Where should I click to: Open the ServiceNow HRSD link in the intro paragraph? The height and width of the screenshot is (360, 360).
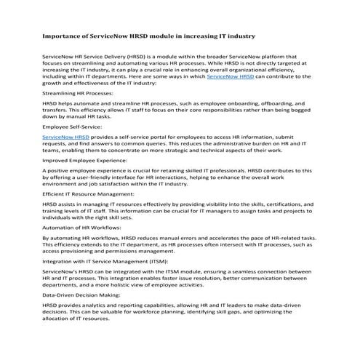coord(231,75)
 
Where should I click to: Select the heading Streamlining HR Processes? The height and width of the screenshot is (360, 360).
coord(77,94)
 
